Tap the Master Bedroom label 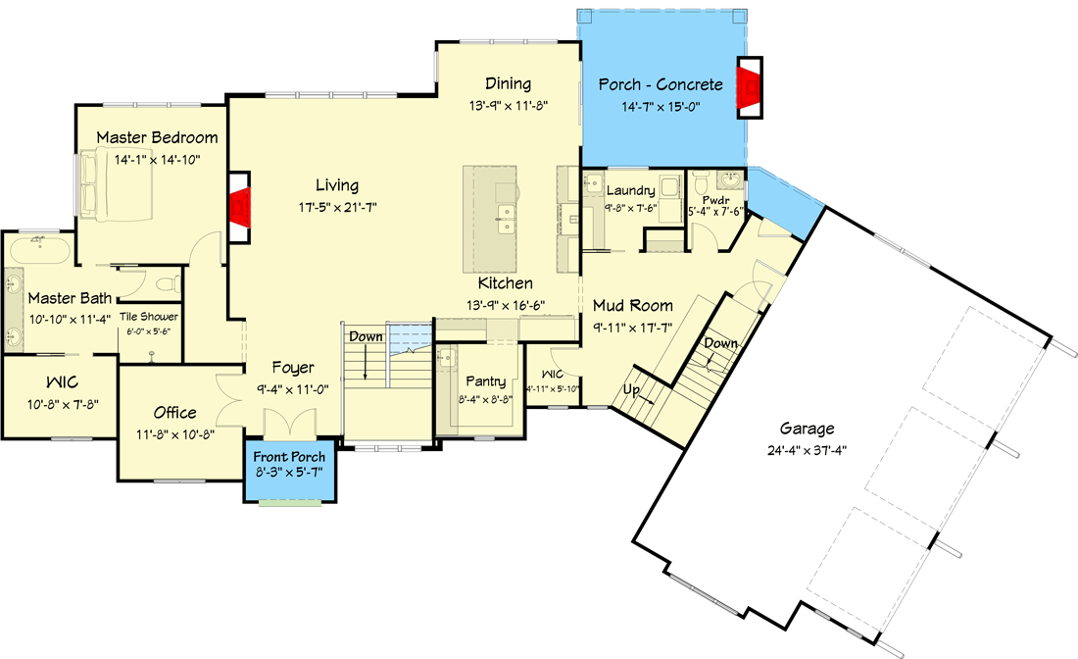[x=157, y=137]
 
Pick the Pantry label [x=486, y=380]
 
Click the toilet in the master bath [x=168, y=284]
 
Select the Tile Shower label [x=149, y=317]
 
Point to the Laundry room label [x=630, y=190]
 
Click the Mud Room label [x=631, y=305]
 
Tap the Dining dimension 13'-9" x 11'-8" [x=507, y=104]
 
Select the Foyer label [x=292, y=368]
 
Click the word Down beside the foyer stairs [x=365, y=336]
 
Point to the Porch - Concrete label [x=661, y=85]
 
